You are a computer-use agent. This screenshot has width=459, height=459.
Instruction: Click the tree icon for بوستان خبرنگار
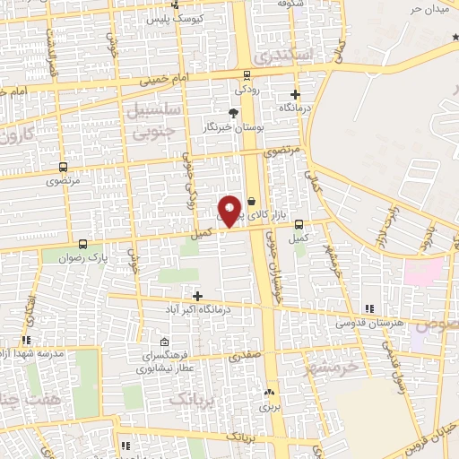click(x=233, y=113)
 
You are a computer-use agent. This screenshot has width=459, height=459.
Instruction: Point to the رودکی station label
click(x=247, y=90)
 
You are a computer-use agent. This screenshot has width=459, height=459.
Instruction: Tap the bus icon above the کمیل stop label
click(x=299, y=224)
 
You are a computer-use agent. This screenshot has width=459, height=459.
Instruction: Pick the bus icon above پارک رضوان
click(x=83, y=243)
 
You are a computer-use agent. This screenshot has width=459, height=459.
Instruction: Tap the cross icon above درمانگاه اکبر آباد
click(x=197, y=296)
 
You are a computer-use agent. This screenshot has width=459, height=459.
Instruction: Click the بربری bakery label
click(x=270, y=406)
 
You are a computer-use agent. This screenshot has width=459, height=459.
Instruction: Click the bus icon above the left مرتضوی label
click(x=63, y=167)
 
